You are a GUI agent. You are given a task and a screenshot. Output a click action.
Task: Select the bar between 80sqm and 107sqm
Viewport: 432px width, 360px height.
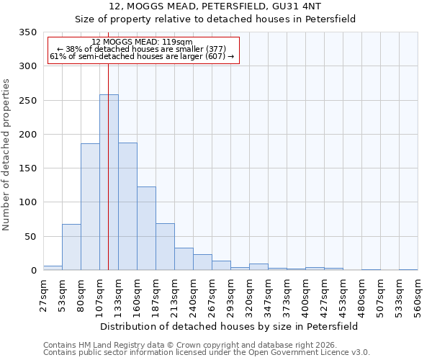[90, 207]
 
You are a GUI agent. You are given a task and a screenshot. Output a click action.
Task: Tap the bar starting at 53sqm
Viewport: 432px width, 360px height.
[71, 247]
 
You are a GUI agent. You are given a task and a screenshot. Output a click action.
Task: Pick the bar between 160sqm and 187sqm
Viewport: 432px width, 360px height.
[146, 228]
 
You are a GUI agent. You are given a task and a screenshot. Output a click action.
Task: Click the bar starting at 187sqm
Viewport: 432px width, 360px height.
[165, 247]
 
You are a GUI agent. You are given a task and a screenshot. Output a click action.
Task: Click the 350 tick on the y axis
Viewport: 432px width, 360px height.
[27, 32]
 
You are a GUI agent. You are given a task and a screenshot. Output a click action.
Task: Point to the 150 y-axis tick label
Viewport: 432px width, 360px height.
[27, 168]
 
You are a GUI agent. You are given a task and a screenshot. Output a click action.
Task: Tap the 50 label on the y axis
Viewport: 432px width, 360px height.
[30, 237]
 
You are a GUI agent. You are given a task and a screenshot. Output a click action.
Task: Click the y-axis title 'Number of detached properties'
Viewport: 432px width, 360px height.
[7, 155]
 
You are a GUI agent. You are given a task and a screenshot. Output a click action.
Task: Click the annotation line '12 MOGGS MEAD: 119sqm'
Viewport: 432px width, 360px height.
[142, 42]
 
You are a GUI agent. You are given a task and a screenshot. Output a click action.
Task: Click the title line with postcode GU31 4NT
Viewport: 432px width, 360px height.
[215, 6]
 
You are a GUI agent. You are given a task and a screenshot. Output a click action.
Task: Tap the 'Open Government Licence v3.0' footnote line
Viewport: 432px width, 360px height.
[207, 352]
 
